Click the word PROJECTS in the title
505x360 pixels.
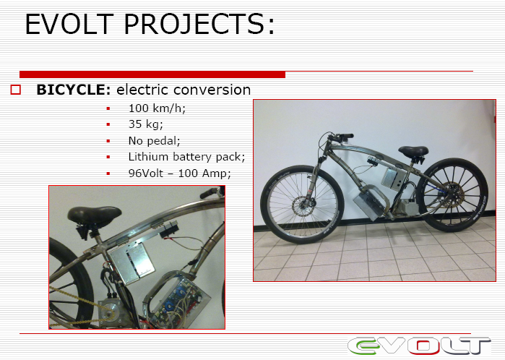[x=199, y=24]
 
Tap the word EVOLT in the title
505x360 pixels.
[x=69, y=24]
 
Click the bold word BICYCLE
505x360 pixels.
[x=74, y=90]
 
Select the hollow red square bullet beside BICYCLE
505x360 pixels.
[x=15, y=90]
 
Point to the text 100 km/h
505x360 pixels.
[x=157, y=108]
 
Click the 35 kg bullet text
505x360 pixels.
[x=145, y=124]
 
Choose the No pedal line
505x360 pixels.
[x=154, y=140]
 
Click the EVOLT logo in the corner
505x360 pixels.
[x=419, y=346]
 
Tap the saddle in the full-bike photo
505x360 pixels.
[x=413, y=151]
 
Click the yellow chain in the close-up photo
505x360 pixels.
[x=80, y=307]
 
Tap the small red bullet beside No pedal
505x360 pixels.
[x=108, y=141]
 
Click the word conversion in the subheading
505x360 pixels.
[x=184, y=90]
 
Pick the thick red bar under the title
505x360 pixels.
[x=152, y=74]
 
